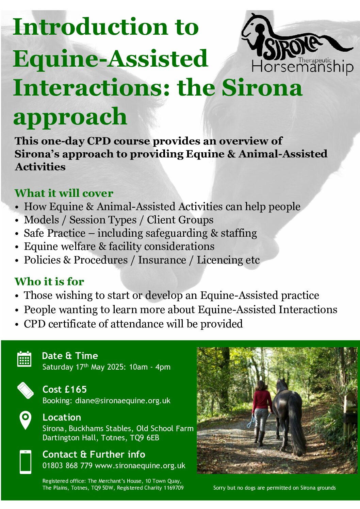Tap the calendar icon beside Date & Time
(24, 359)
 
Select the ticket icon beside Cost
(26, 391)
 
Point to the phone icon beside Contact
(26, 462)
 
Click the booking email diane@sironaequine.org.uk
(123, 401)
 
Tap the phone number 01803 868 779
(67, 465)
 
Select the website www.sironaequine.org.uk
(140, 465)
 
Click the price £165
(76, 389)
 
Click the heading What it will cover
(64, 193)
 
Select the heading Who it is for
(49, 281)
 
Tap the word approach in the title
(70, 117)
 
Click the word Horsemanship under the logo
(303, 67)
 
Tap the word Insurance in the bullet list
(162, 260)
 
